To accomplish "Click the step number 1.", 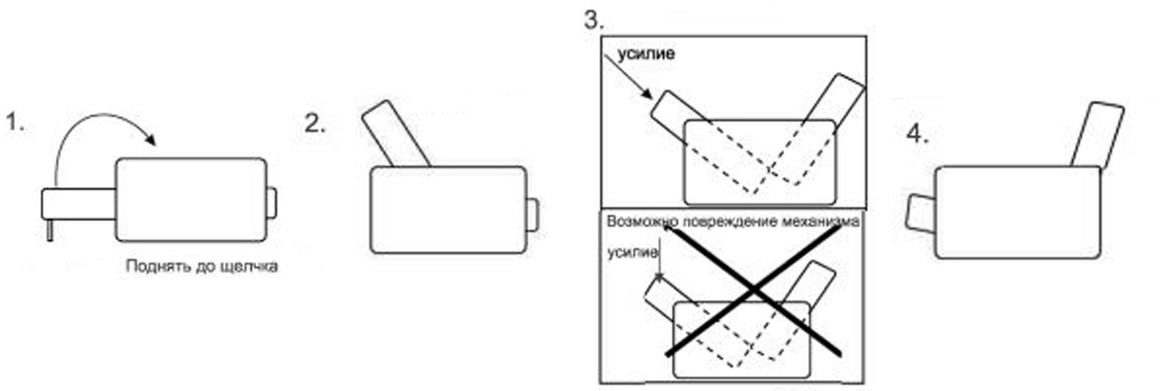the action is (15, 123).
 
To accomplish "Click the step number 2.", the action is (315, 124).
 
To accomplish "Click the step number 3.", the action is (594, 21).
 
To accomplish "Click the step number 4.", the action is (918, 134).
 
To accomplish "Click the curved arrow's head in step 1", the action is (151, 138).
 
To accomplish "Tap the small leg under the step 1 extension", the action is (50, 230).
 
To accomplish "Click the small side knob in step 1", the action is (271, 203).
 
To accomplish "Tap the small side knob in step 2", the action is (532, 215).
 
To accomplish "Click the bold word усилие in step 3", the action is (646, 54).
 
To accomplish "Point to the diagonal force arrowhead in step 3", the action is (647, 94).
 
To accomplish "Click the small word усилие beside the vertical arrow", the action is (633, 253).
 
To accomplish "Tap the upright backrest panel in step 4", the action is (1097, 135).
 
